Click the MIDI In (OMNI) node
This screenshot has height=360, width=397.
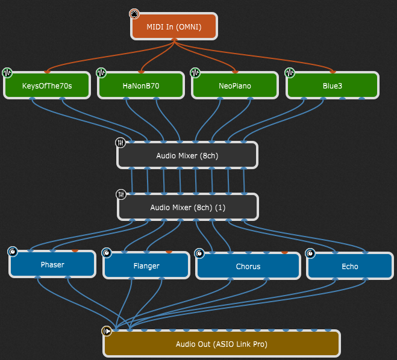coord(174,26)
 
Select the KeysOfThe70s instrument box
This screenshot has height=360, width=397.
coord(47,85)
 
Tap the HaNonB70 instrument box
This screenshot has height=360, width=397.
coord(140,85)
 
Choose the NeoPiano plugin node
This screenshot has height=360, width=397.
coord(235,85)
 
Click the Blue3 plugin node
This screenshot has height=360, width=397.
coord(333,85)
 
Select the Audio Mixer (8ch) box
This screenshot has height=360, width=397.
coord(187,155)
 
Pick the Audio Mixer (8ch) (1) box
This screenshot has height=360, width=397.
coord(187,207)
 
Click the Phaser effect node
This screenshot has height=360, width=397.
coord(52,264)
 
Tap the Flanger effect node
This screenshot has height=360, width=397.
coord(146,265)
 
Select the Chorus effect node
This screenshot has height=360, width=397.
coord(248,265)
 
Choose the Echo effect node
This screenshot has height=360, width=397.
coord(349,265)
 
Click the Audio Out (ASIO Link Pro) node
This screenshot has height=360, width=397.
coord(222,344)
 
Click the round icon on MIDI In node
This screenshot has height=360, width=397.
coord(134,14)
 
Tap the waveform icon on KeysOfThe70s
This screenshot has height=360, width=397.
coord(7,73)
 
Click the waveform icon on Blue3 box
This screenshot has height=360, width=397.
coord(289,73)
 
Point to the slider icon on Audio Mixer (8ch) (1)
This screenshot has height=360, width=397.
coord(120,194)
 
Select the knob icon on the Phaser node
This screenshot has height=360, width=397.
coord(13,252)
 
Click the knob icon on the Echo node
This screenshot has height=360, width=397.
coord(310,253)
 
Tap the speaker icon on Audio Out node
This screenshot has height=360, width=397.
coord(107,331)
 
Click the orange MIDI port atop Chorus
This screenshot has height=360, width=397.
coord(284,252)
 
